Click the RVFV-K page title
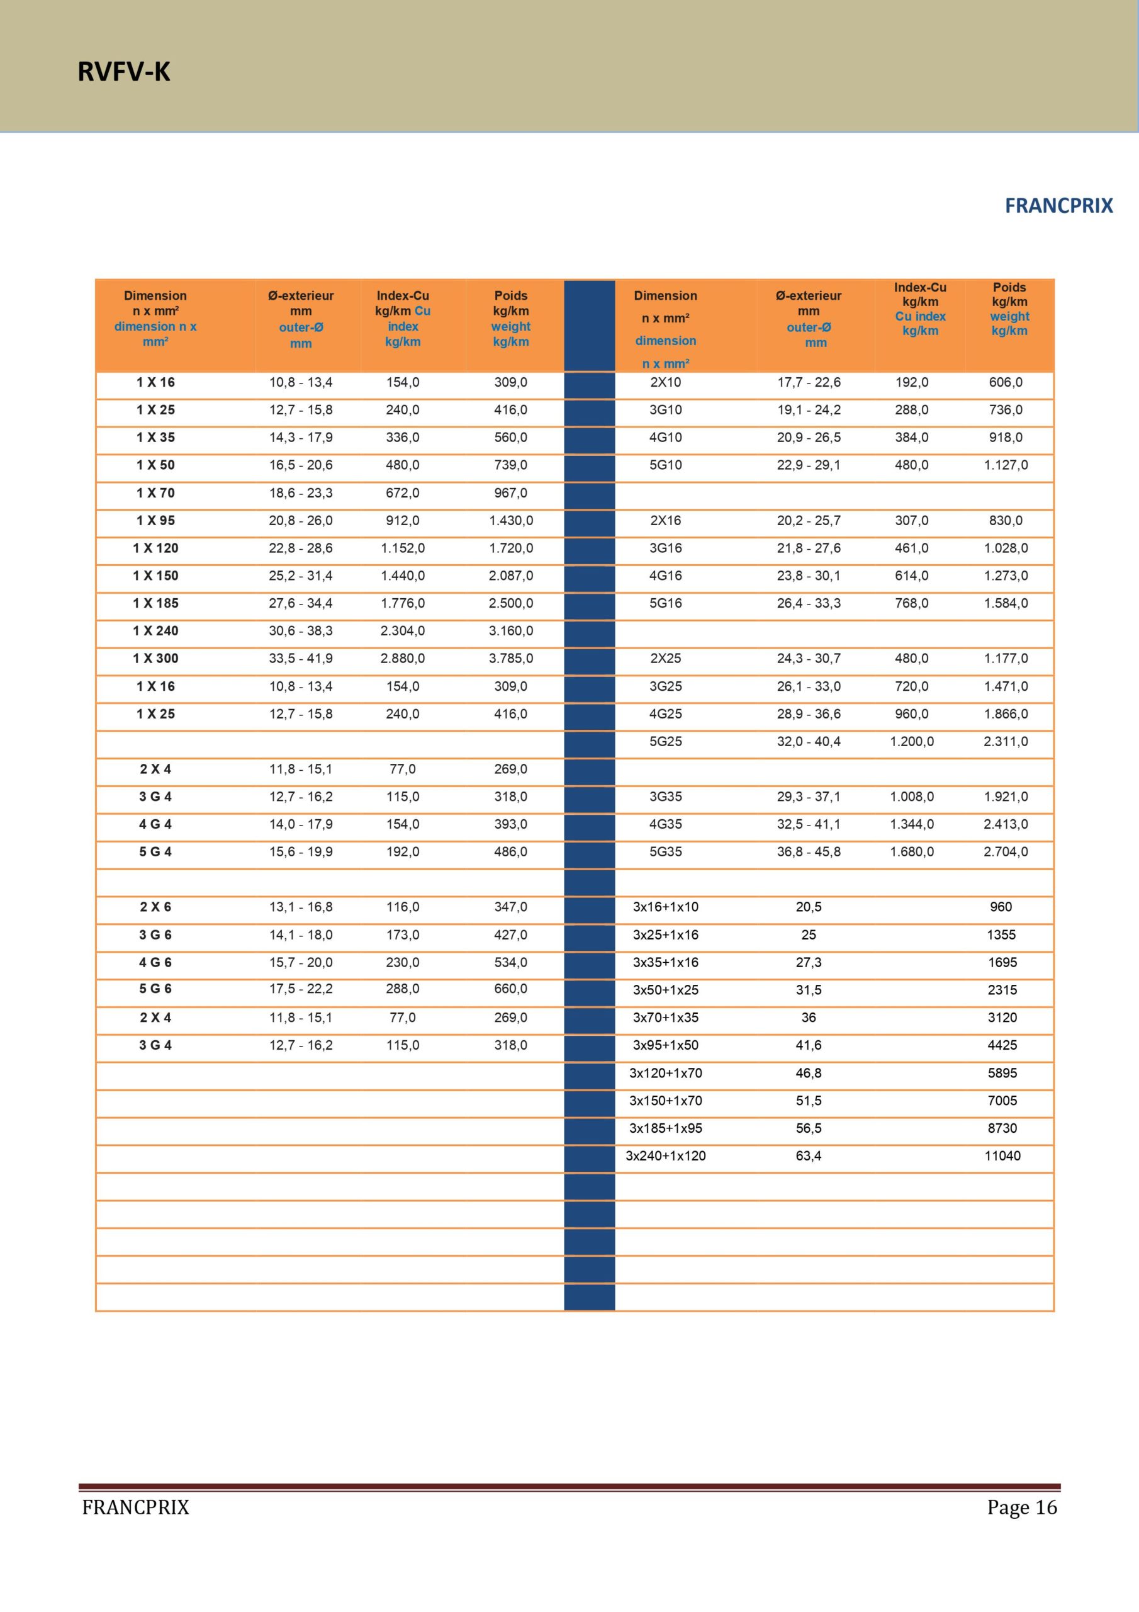(x=123, y=72)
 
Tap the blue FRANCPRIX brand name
(x=1058, y=206)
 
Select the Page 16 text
(x=1021, y=1507)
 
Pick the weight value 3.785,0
(x=510, y=659)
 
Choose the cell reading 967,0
(x=510, y=493)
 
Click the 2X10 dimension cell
(x=665, y=383)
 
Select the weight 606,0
(x=1005, y=383)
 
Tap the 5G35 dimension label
(x=665, y=851)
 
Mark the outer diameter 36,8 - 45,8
(x=809, y=851)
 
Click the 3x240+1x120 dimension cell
(x=665, y=1155)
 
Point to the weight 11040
(x=1002, y=1155)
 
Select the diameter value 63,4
(x=809, y=1155)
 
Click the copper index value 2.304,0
(x=402, y=631)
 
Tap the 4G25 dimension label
(x=665, y=714)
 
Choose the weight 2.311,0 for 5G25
(x=1005, y=741)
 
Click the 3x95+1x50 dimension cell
(x=665, y=1045)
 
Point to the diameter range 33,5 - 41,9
(x=300, y=659)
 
